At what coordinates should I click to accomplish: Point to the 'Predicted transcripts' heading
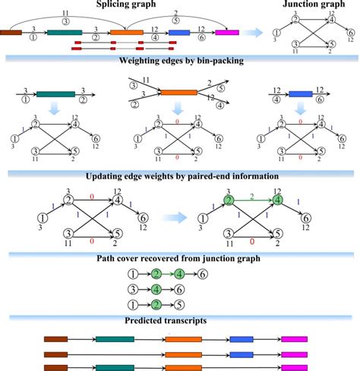point(180,320)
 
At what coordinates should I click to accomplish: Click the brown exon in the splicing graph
point(11,33)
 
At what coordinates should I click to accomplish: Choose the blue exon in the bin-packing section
point(306,94)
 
